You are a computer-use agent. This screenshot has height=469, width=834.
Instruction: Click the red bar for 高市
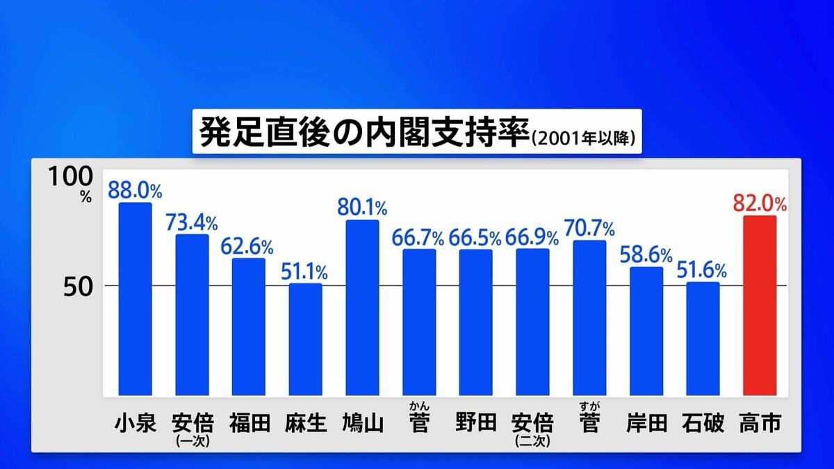[x=760, y=306]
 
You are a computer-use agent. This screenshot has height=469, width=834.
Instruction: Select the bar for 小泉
[x=135, y=299]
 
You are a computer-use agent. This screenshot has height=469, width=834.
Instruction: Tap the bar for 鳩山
[x=362, y=308]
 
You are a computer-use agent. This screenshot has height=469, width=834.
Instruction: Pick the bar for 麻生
[x=305, y=340]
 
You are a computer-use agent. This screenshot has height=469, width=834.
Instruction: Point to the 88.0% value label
[x=135, y=190]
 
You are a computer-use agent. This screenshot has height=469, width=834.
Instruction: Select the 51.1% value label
[x=305, y=271]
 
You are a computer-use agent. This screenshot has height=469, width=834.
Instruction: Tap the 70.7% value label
[x=589, y=228]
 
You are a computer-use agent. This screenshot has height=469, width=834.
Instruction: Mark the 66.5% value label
[x=475, y=238]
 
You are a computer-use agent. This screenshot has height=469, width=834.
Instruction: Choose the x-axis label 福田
[x=248, y=423]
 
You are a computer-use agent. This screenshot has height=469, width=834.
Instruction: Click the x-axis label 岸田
[x=646, y=423]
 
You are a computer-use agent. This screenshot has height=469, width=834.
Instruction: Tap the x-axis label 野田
[x=475, y=423]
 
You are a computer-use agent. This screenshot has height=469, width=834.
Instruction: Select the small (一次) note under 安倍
[x=191, y=441]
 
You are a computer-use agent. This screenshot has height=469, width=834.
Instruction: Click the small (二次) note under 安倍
[x=532, y=441]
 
